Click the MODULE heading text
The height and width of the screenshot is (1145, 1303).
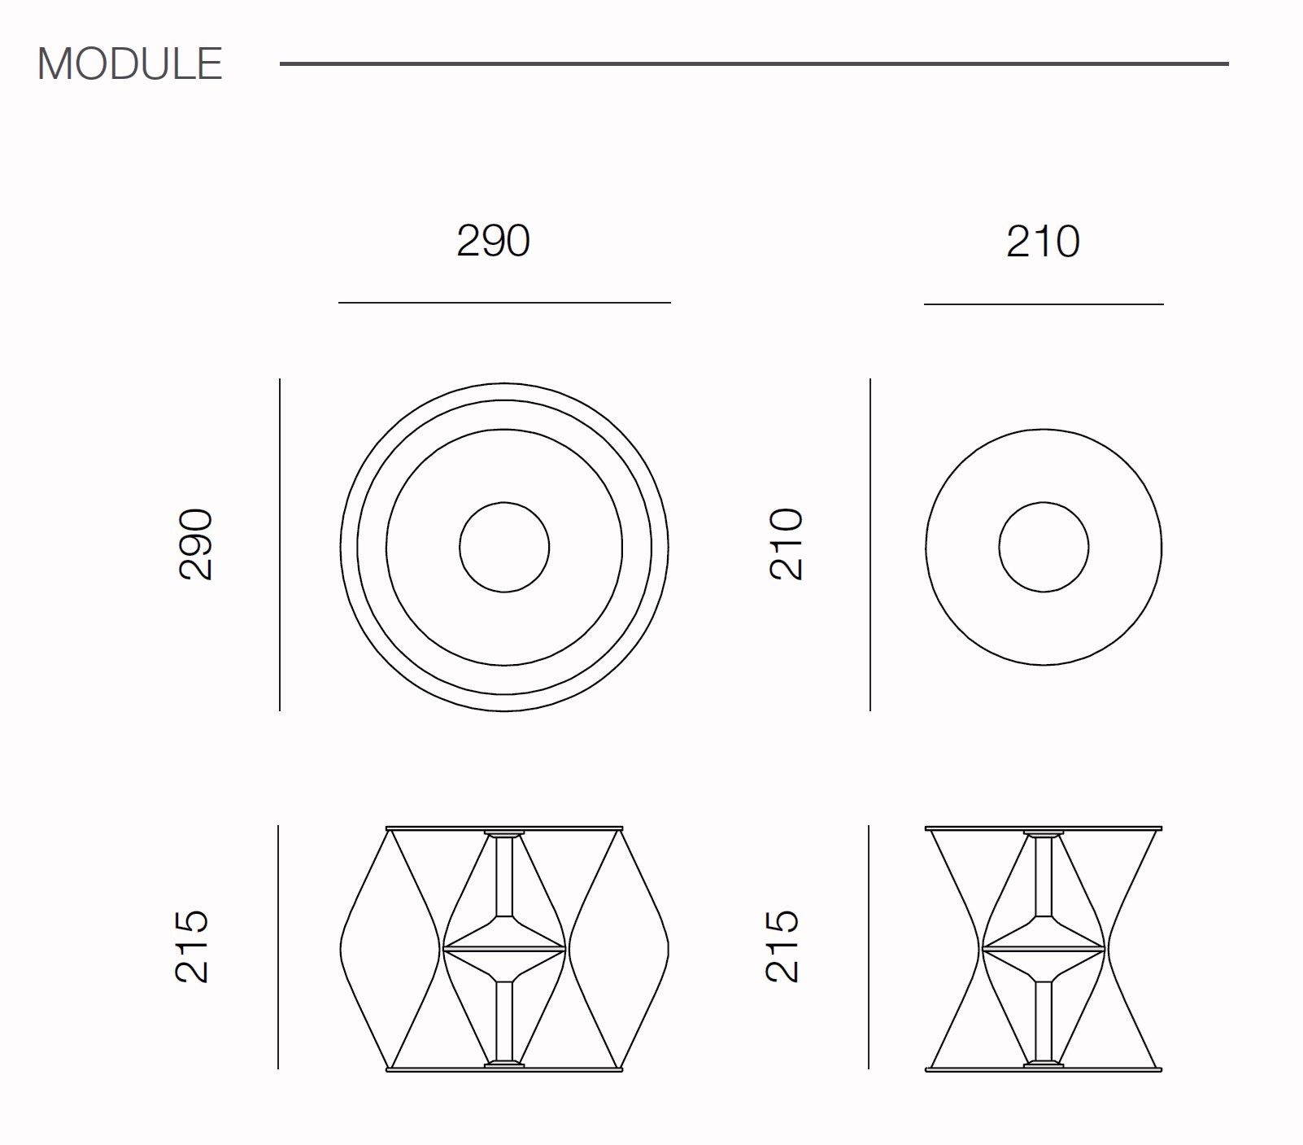coord(130,63)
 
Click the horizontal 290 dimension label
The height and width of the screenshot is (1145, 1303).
coord(494,241)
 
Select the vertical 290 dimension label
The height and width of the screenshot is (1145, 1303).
coord(196,544)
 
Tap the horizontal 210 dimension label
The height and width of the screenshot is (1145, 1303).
coord(1044,242)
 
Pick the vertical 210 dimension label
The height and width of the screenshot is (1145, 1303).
coord(787,544)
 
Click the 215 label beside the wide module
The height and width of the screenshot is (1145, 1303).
coord(194,946)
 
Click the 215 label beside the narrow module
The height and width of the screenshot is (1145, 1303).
coord(784,946)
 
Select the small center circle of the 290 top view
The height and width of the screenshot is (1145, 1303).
coord(504,502)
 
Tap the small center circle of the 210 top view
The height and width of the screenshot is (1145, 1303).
coord(1044,503)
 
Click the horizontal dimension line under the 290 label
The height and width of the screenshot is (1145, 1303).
coord(504,303)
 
